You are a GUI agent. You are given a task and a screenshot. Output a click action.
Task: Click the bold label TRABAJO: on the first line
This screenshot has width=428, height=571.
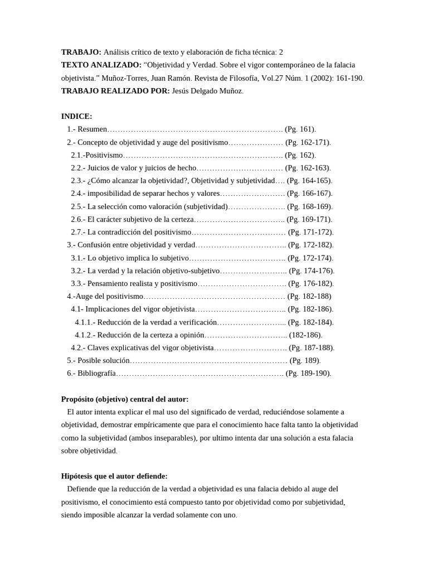81,52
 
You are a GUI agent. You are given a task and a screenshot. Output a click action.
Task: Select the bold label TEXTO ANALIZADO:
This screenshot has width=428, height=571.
101,65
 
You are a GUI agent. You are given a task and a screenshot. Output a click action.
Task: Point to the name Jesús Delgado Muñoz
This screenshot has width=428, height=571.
207,91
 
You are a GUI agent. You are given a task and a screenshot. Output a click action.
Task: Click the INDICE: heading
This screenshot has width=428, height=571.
76,117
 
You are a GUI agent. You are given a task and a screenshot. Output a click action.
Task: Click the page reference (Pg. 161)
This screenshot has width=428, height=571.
300,129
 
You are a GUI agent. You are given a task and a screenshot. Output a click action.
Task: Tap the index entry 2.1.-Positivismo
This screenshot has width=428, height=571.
96,155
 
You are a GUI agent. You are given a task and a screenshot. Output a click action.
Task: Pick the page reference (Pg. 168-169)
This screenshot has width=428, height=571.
309,206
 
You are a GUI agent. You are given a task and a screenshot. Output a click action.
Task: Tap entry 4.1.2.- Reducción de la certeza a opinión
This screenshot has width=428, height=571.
139,335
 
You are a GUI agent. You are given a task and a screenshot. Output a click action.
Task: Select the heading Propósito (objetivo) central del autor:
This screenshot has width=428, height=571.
125,399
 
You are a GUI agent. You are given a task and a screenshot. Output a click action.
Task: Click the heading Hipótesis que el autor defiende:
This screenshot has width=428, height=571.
114,476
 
